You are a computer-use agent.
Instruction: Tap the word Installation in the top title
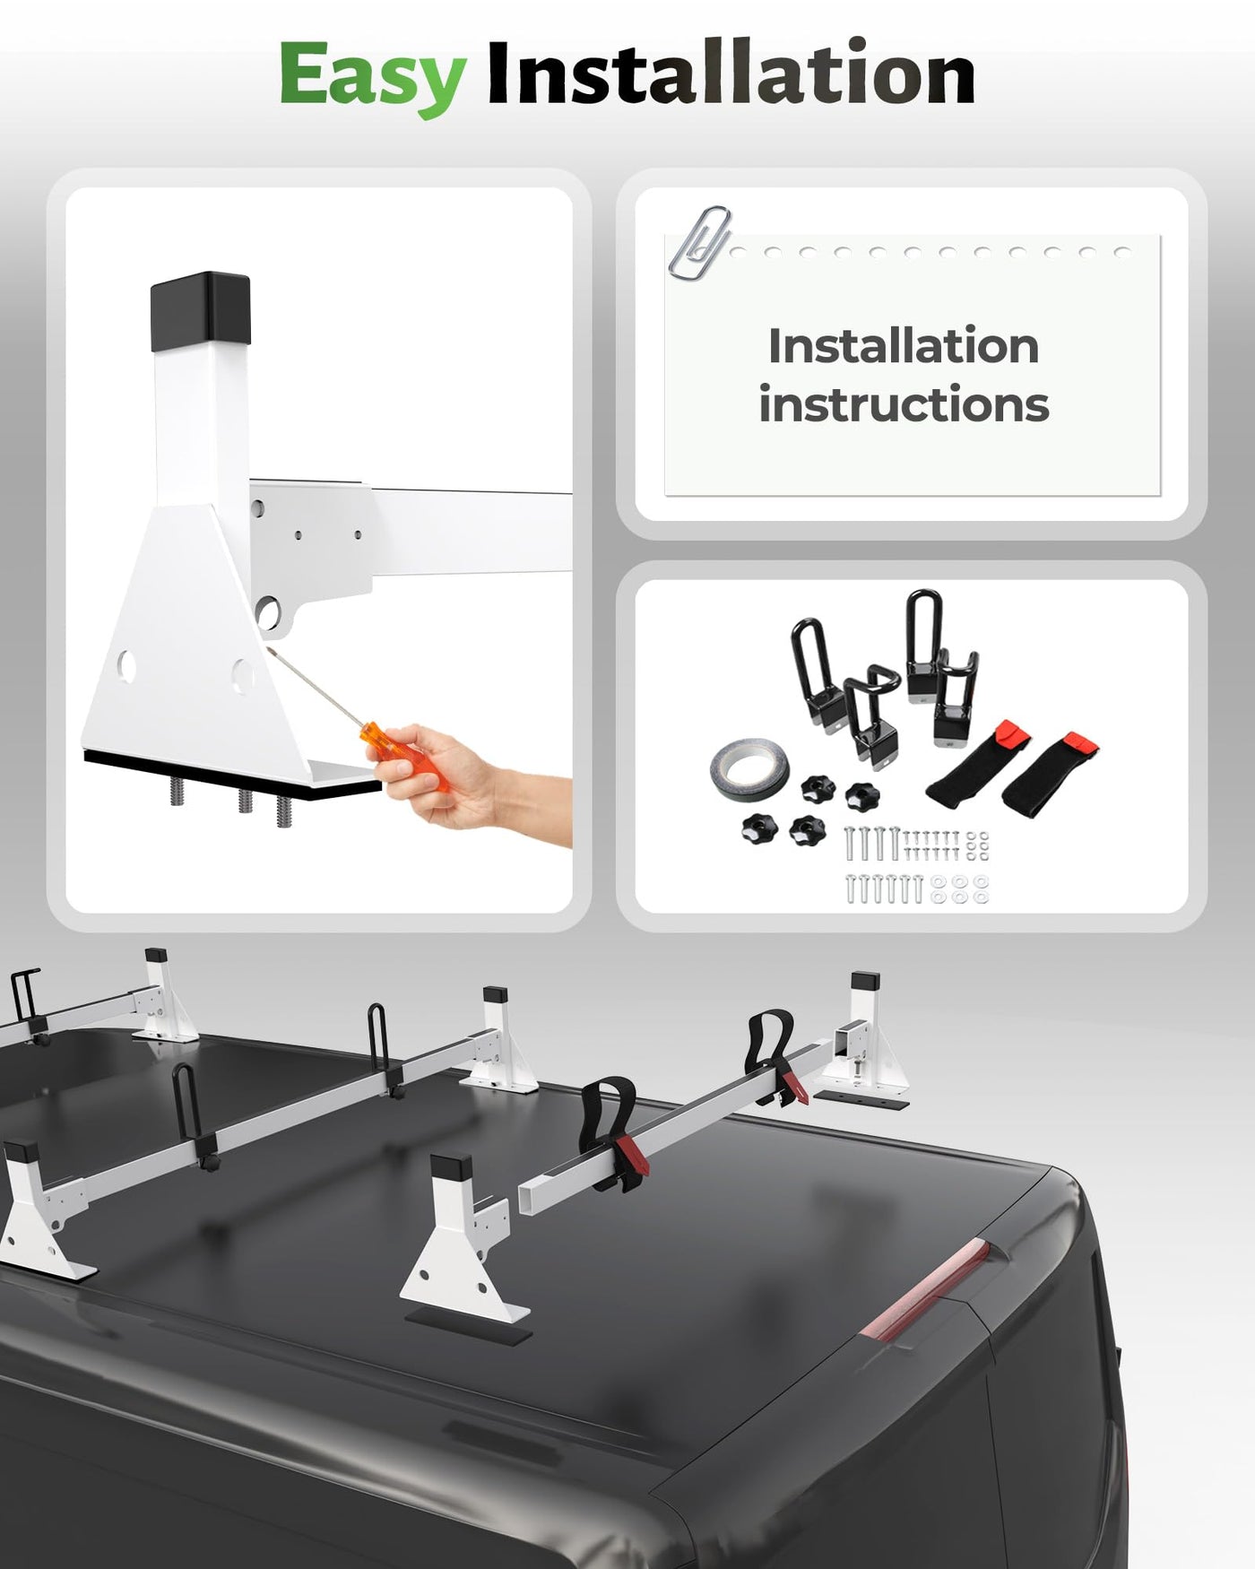tap(731, 73)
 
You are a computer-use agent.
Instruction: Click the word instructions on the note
tap(904, 404)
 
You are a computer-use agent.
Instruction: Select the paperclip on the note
tap(700, 243)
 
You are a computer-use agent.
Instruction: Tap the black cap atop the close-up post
tap(200, 311)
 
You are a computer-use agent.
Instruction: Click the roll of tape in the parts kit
tap(749, 769)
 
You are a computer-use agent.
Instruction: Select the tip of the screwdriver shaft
tap(266, 648)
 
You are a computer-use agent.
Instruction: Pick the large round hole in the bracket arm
tap(267, 613)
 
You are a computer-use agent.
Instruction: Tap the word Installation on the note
tap(904, 346)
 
